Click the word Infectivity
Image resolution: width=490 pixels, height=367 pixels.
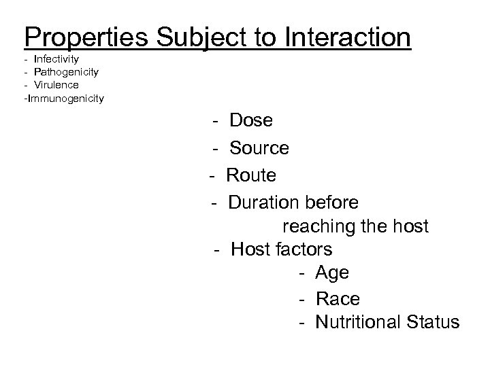[x=56, y=60]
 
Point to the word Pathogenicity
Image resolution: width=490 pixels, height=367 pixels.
[x=66, y=72]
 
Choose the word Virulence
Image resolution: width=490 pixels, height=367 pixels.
[x=56, y=85]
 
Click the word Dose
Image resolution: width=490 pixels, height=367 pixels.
[x=251, y=121]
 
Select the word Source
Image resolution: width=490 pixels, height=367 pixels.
[x=259, y=148]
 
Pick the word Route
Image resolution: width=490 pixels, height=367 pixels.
[x=251, y=175]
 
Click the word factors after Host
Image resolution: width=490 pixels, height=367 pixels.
[x=305, y=249]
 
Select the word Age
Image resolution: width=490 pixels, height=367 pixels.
[x=332, y=273]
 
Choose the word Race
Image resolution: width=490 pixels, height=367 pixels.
[x=338, y=299]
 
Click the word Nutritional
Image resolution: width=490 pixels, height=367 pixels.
[x=359, y=321]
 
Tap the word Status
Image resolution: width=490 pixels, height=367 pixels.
[x=433, y=321]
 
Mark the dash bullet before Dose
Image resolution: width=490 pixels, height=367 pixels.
[x=214, y=121]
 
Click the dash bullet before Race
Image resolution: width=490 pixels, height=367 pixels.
[x=300, y=299]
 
